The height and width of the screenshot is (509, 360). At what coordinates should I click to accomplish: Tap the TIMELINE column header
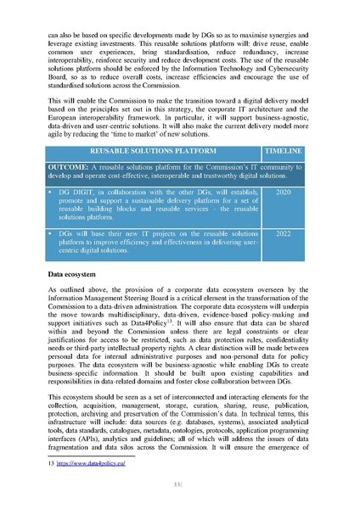click(x=284, y=151)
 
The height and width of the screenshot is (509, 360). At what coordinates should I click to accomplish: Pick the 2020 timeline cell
click(x=284, y=193)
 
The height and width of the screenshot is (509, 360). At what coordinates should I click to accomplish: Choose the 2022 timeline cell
click(x=284, y=232)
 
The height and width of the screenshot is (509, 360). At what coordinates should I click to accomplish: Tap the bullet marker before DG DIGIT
click(x=53, y=193)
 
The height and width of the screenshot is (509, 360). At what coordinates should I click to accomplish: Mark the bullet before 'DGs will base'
click(x=53, y=232)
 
